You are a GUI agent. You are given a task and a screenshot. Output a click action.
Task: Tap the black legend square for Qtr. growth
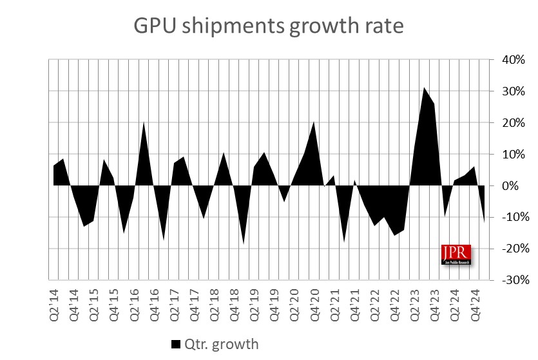176,344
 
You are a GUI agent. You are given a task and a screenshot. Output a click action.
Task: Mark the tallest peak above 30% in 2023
424,88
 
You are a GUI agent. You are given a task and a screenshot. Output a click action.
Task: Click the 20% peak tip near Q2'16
143,122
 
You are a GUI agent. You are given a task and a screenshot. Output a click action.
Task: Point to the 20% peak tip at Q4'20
314,122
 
